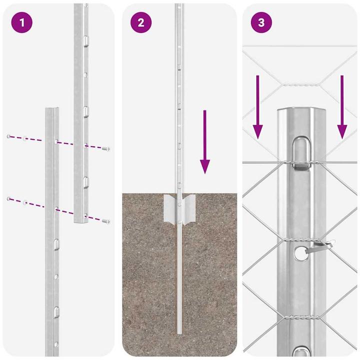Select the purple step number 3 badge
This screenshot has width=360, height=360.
click(260, 23)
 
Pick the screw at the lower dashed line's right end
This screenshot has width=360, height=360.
click(106, 220)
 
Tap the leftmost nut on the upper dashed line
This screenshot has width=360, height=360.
click(9, 136)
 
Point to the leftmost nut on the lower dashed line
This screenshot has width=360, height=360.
click(9, 199)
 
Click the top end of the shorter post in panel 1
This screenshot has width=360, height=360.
click(52, 109)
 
